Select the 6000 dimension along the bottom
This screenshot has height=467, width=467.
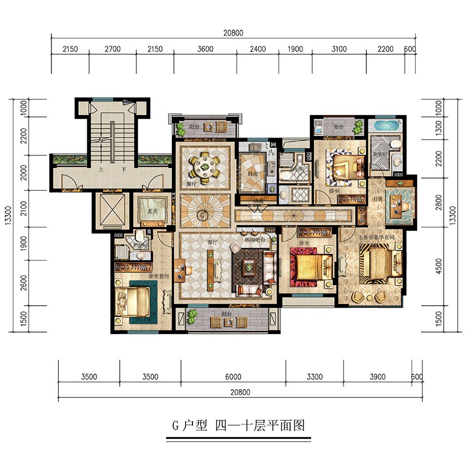coord(233,377)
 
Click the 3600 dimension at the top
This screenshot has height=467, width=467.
coord(205,49)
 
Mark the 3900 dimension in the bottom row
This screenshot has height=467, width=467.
coord(377,377)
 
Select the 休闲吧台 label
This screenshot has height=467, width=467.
coord(255,240)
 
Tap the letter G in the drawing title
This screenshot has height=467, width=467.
coord(175,426)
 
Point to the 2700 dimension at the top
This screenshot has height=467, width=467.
coord(112,49)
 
